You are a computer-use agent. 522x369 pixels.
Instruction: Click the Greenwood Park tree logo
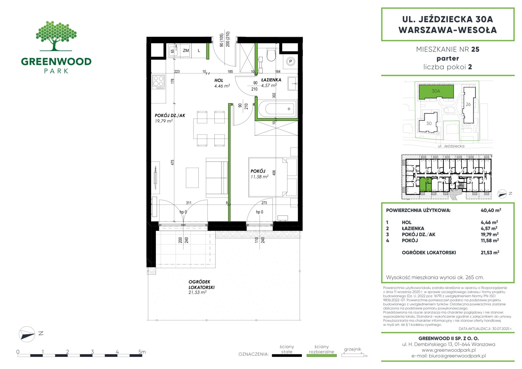[56, 36]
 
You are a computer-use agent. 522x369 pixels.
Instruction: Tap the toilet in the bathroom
[271, 54]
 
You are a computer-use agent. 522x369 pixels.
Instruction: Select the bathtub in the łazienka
[277, 109]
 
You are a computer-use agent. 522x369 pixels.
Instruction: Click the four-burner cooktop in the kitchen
[159, 82]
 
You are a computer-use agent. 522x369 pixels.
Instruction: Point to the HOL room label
[219, 80]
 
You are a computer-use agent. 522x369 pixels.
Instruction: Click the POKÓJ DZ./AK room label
[170, 115]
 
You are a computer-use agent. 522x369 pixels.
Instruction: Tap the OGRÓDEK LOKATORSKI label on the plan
[201, 284]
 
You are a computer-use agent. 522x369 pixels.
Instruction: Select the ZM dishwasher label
[186, 50]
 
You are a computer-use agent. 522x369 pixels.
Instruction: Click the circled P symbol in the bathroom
[290, 62]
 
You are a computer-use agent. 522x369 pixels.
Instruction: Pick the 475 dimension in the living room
[172, 162]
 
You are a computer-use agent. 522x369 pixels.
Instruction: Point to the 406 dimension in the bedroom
[274, 173]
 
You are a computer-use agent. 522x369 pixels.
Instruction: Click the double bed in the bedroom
[268, 177]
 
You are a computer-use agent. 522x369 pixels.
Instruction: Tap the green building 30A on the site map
[436, 91]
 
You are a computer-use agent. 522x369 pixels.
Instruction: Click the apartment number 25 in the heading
[475, 49]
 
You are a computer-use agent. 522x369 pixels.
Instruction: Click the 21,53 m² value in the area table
[490, 253]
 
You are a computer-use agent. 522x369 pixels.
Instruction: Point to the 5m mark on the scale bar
[142, 351]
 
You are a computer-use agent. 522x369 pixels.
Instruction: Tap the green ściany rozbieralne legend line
[322, 356]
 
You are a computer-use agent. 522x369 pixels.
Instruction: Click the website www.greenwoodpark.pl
[449, 350]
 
